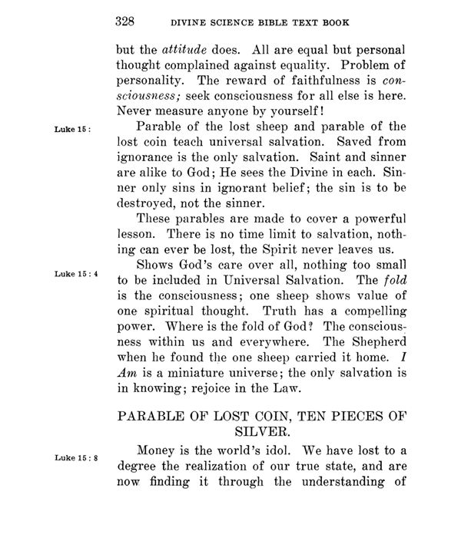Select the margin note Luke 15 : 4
coord(75,273)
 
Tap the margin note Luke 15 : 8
coord(75,458)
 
